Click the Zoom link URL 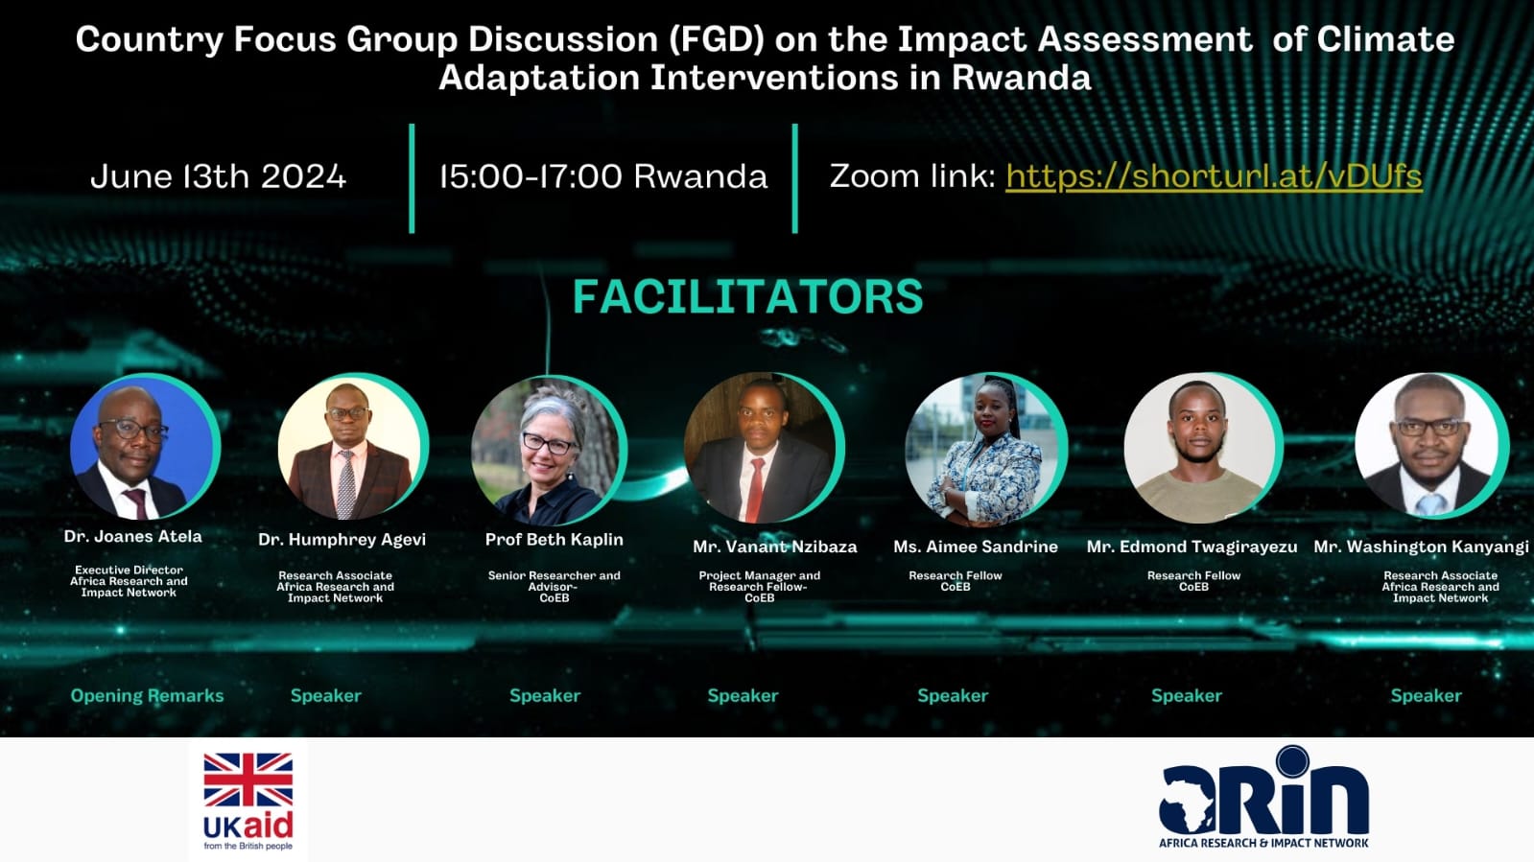(1214, 176)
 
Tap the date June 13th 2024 (219, 176)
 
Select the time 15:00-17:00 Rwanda (603, 176)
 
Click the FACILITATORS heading (748, 296)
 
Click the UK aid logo (248, 800)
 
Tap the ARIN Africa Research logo (1263, 798)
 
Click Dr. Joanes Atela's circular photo (145, 446)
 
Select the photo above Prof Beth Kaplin (549, 450)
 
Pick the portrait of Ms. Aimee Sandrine (985, 449)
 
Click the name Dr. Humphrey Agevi (342, 540)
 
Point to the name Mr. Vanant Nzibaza (774, 547)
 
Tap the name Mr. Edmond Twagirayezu (1192, 547)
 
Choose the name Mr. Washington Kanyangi (1421, 547)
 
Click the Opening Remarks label (147, 695)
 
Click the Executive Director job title (129, 570)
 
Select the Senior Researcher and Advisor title (554, 581)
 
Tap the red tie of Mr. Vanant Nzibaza (755, 490)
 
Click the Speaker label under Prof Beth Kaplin (545, 695)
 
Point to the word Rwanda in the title (1021, 78)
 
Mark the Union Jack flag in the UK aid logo (248, 780)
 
